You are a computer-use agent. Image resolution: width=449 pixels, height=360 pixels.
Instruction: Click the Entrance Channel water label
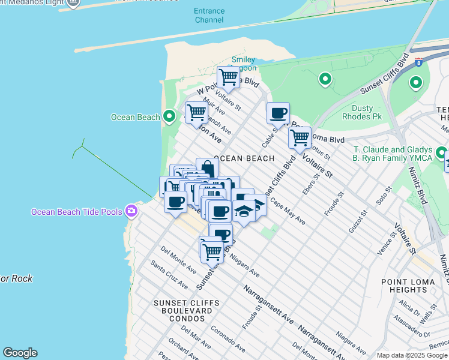pyautogui.click(x=209, y=16)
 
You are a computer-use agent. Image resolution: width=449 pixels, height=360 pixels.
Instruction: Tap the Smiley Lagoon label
pyautogui.click(x=244, y=64)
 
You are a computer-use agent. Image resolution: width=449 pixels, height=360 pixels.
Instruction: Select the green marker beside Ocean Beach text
pyautogui.click(x=170, y=116)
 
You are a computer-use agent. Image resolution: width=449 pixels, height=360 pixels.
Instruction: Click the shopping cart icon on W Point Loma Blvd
pyautogui.click(x=228, y=77)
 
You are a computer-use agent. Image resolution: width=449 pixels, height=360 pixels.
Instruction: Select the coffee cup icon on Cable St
pyautogui.click(x=278, y=113)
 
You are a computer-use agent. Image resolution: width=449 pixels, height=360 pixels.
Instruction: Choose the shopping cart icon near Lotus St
pyautogui.click(x=299, y=137)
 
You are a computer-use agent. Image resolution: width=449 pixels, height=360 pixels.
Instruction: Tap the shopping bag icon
pyautogui.click(x=207, y=169)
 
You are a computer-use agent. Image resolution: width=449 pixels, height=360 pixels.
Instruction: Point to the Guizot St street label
pyautogui.click(x=359, y=223)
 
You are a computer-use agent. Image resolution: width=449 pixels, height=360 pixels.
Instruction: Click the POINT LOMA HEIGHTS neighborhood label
pyautogui.click(x=408, y=286)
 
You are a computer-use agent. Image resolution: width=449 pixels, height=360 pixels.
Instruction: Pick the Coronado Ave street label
pyautogui.click(x=227, y=339)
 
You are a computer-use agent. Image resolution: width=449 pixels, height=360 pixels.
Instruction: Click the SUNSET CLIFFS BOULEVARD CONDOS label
pyautogui.click(x=182, y=311)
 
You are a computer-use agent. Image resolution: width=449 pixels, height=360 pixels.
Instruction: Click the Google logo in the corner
pyautogui.click(x=20, y=353)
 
